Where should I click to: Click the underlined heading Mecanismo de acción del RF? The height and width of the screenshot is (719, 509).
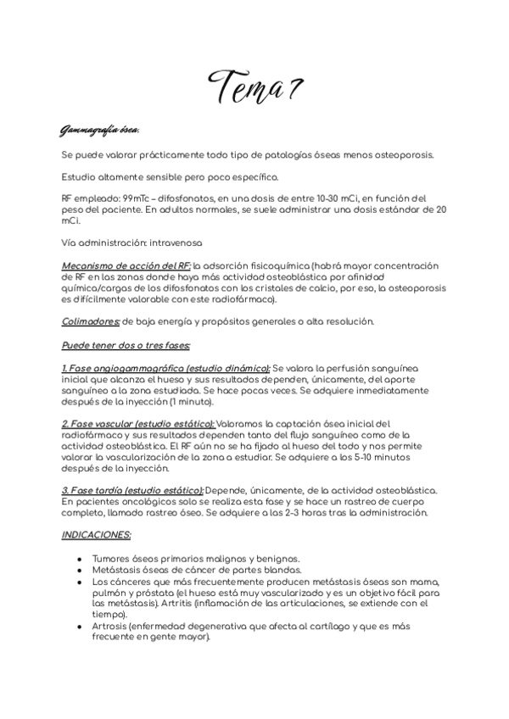point(126,265)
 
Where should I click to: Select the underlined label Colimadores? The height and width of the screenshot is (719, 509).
point(91,320)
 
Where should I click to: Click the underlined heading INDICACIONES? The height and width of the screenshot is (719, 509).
point(96,535)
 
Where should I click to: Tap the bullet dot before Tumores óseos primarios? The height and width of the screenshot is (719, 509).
point(79,559)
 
